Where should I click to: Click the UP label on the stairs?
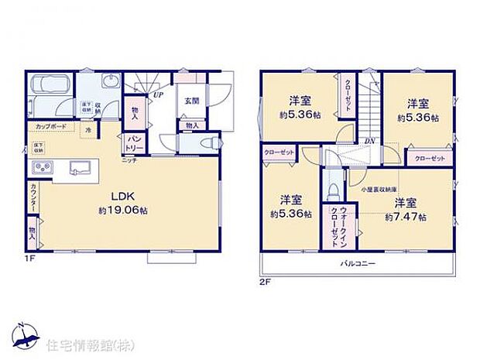pos(158,94)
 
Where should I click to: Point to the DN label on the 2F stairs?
pos(370,141)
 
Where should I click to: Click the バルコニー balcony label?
pos(357,263)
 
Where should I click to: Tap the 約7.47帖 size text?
pos(406,218)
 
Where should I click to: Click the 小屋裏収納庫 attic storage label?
pos(377,188)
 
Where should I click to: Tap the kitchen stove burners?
pos(40,168)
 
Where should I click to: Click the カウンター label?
pos(33,198)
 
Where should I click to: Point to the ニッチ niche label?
pos(129,159)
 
